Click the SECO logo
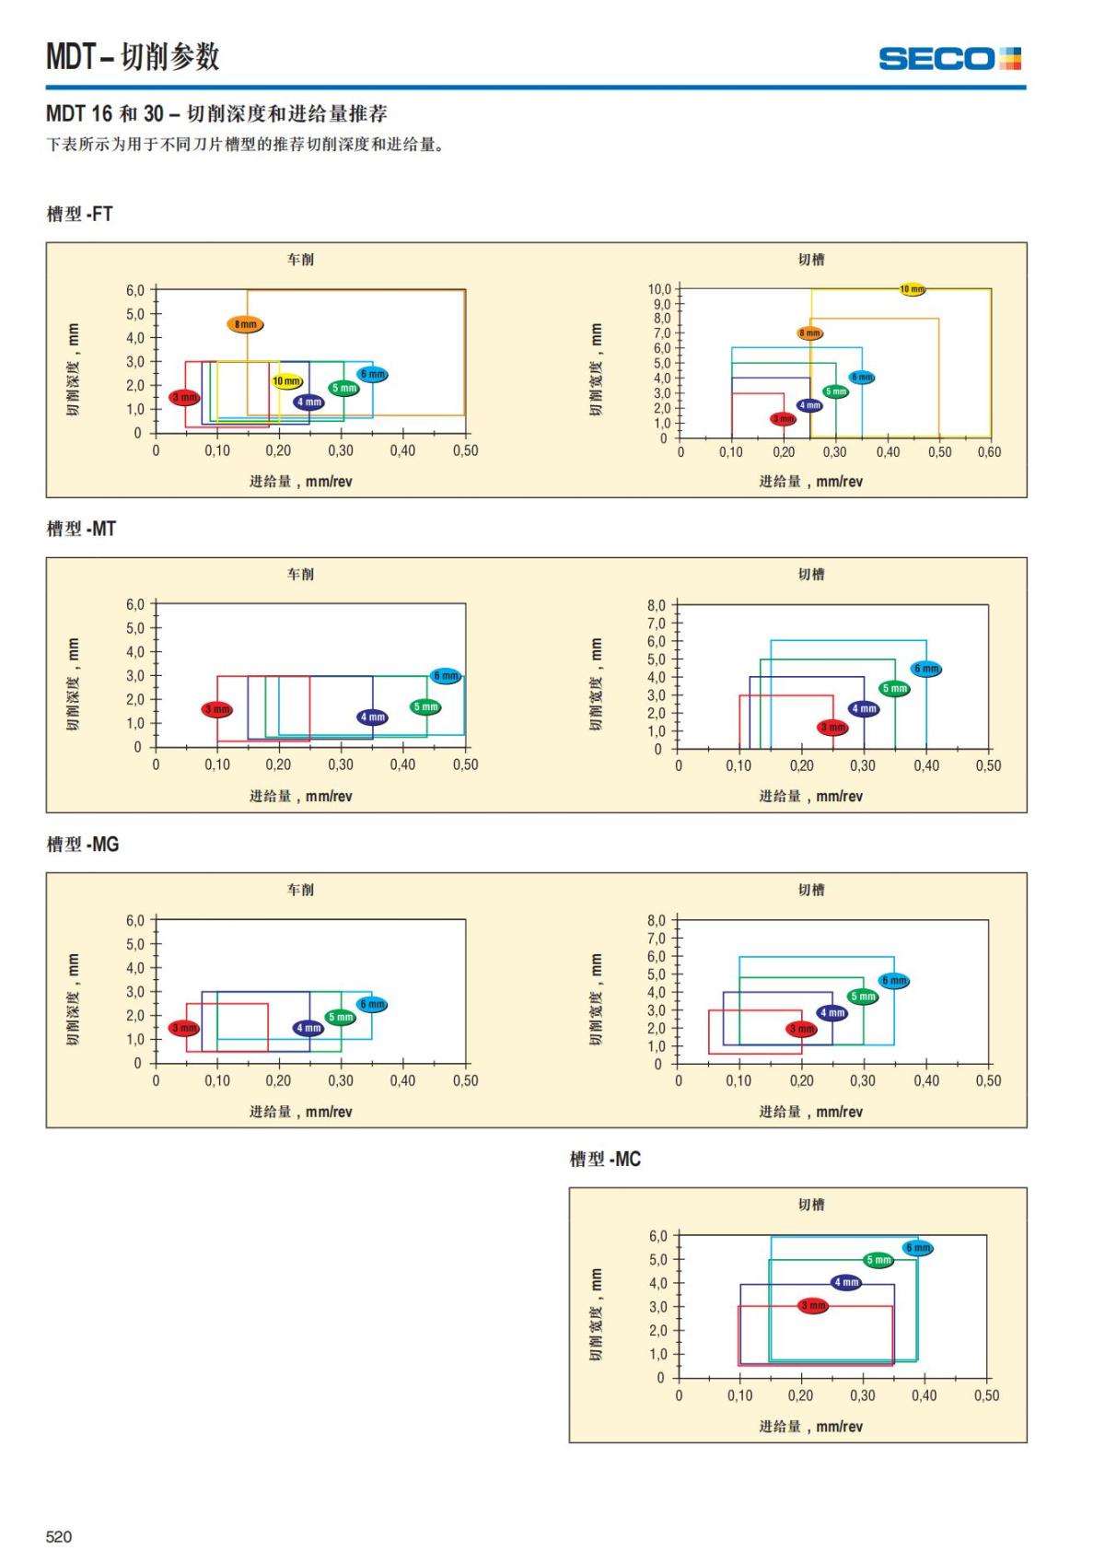[949, 59]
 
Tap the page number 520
[59, 1535]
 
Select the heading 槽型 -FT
[80, 214]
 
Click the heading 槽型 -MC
[605, 1159]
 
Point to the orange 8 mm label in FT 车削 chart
[245, 324]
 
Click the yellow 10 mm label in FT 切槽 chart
[912, 289]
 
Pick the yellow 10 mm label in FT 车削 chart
[286, 381]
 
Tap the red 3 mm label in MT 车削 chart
[217, 709]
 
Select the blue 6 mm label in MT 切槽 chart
[926, 669]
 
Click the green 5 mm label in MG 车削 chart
[341, 1017]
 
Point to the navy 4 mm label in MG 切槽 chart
[832, 1013]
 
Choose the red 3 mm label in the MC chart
[813, 1305]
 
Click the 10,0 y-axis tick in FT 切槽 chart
[659, 289]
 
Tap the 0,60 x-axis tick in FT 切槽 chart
[990, 452]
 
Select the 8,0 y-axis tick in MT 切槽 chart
[656, 605]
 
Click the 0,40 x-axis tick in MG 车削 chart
[402, 1080]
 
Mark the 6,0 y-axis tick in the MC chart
[657, 1236]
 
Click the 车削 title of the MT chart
[300, 574]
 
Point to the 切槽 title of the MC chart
[811, 1204]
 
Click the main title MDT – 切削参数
[134, 57]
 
